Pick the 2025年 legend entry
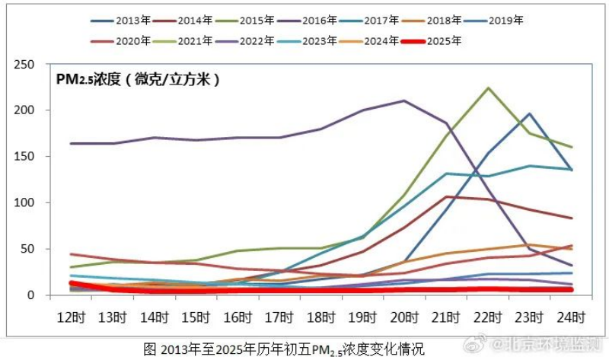coord(445,41)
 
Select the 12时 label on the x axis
coord(70,314)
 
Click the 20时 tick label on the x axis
coord(403,314)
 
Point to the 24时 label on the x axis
coord(571,314)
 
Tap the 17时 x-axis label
coord(279,314)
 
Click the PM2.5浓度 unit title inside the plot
coord(138,79)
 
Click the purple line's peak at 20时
coord(403,100)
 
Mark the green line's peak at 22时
coord(487,88)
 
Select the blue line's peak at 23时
coord(529,114)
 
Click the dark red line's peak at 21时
coord(445,196)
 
